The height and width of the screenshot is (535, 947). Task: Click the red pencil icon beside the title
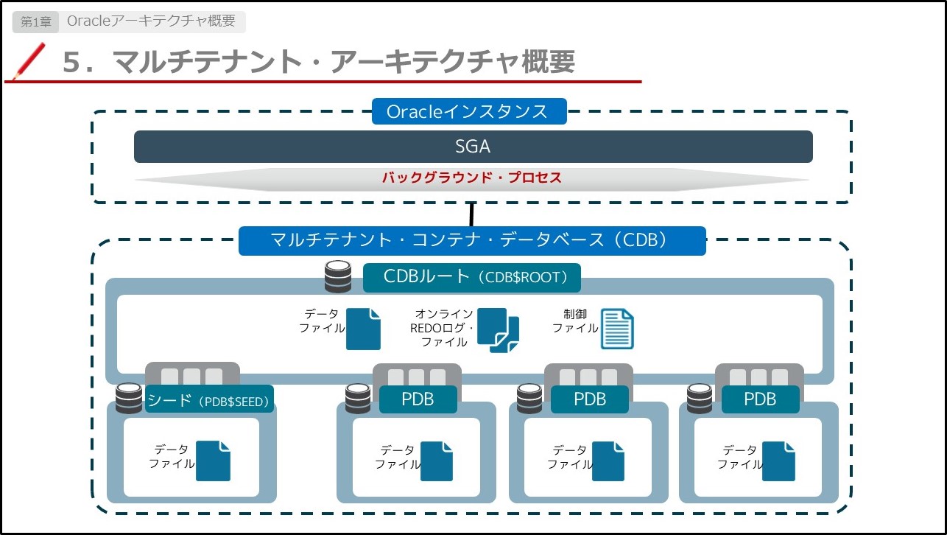(x=29, y=61)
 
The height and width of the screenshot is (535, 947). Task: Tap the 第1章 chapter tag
(x=35, y=21)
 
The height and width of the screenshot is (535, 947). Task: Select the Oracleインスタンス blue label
(x=469, y=111)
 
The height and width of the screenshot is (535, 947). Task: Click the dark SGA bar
(x=473, y=147)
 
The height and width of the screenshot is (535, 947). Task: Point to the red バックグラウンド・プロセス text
(x=472, y=177)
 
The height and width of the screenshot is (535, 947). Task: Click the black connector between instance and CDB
(x=471, y=214)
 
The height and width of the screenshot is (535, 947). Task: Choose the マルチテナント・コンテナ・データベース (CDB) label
(x=472, y=241)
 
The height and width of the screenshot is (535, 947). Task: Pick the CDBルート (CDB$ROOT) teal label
(x=472, y=277)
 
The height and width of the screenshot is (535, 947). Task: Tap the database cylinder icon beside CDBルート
(x=338, y=276)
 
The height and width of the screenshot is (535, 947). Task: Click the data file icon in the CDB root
(x=363, y=329)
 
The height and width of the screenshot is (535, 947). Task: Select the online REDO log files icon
(x=498, y=330)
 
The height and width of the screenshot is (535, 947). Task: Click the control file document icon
(x=617, y=329)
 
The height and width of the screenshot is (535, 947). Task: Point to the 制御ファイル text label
(x=575, y=321)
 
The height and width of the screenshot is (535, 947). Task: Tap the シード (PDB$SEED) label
(x=209, y=399)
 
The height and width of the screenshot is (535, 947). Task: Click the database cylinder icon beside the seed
(x=129, y=399)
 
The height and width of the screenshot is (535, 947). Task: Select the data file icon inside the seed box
(x=213, y=461)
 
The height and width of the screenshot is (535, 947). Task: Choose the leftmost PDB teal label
(x=418, y=399)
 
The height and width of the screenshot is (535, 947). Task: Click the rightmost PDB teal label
(x=760, y=399)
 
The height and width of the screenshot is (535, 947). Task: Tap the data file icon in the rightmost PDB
(x=778, y=461)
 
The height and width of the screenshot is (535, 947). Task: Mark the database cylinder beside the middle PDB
(x=529, y=399)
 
